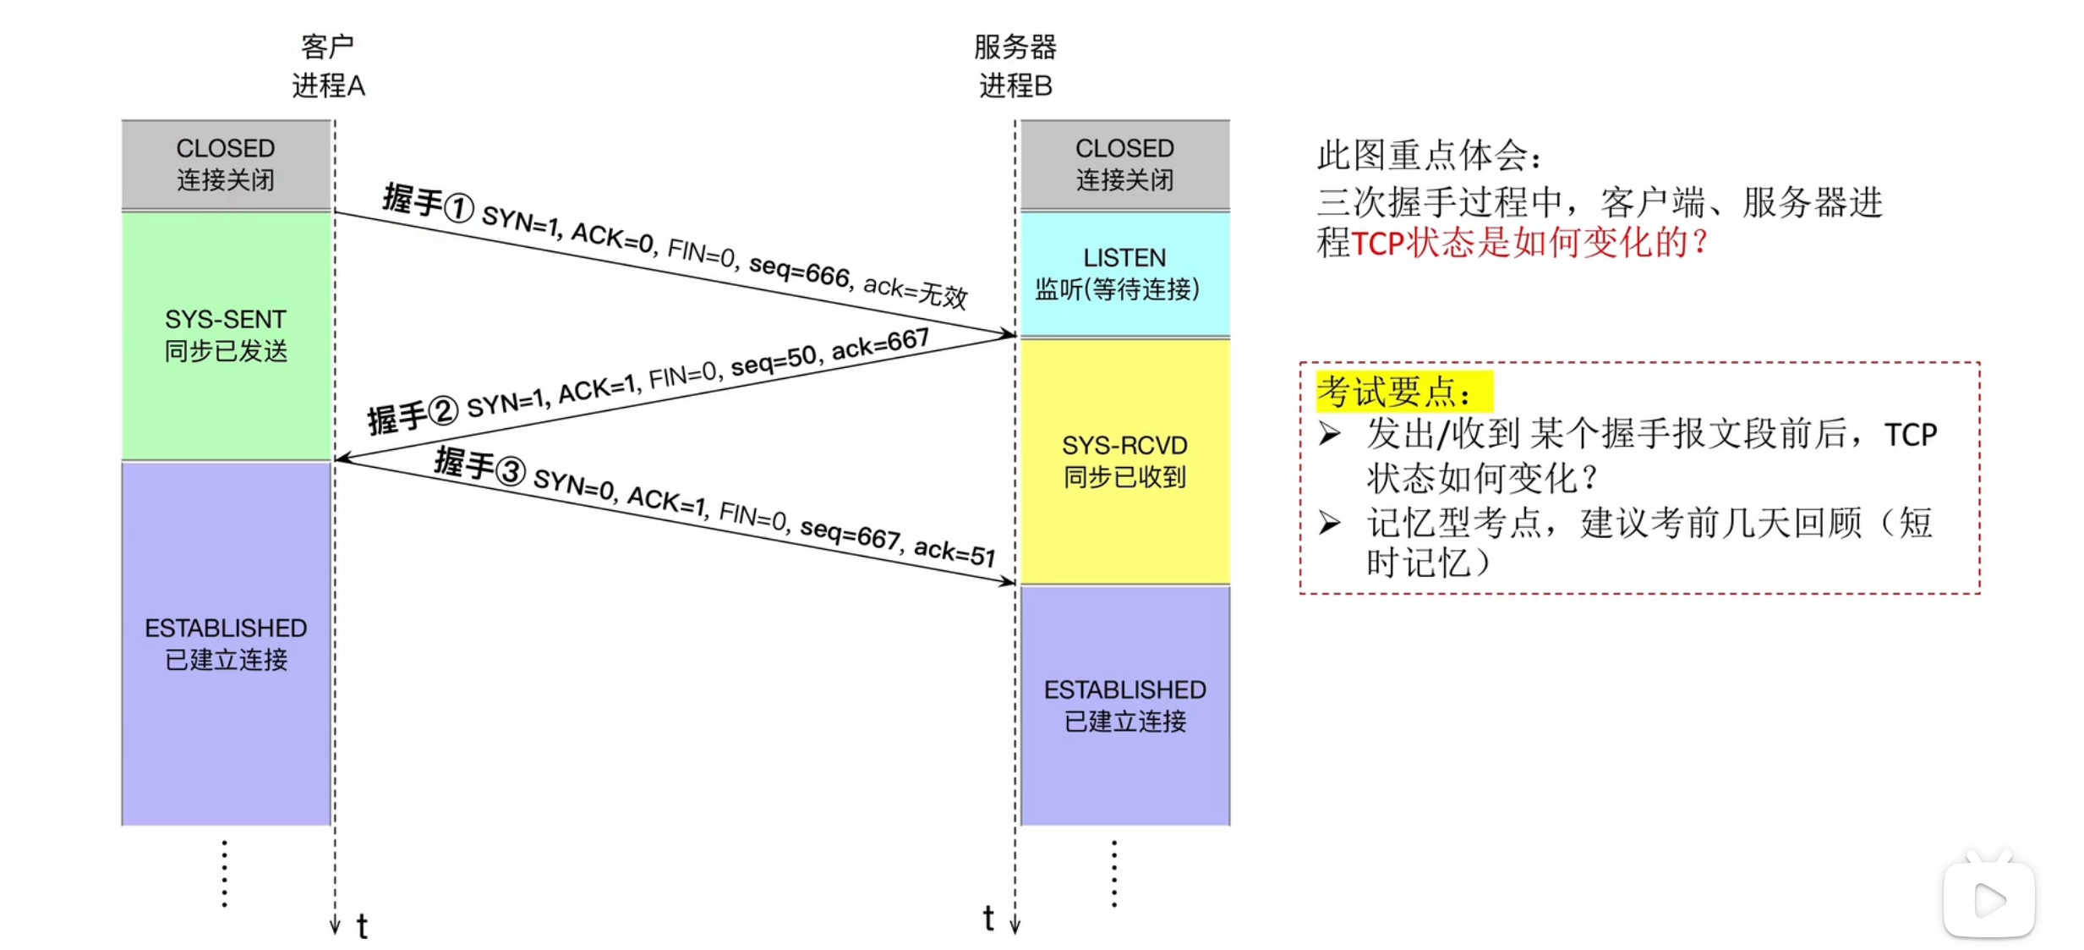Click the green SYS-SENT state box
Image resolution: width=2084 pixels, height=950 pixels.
click(226, 335)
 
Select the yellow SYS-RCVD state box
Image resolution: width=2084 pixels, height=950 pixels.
click(1124, 461)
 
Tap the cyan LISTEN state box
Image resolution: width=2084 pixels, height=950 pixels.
click(1124, 273)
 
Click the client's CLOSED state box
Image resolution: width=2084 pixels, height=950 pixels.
click(226, 164)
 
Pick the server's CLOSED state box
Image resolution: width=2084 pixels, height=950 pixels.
click(1124, 164)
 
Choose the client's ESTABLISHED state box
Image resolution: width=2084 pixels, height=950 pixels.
click(226, 643)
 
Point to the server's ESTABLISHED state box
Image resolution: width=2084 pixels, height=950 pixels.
click(1124, 705)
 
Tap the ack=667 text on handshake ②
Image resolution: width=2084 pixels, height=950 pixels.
click(880, 343)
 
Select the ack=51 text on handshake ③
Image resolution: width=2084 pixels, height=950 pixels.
click(954, 552)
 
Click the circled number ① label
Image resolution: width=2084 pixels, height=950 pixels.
click(459, 208)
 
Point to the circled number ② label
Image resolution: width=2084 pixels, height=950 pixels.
click(443, 411)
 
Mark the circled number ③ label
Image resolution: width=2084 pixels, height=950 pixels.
click(511, 471)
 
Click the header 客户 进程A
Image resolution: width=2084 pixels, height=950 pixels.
click(328, 66)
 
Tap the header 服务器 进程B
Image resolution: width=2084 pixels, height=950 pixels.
click(1015, 66)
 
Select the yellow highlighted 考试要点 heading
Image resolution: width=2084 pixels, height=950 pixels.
click(1403, 392)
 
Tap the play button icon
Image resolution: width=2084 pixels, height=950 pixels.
click(1988, 899)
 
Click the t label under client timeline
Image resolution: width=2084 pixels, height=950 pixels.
click(362, 926)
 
